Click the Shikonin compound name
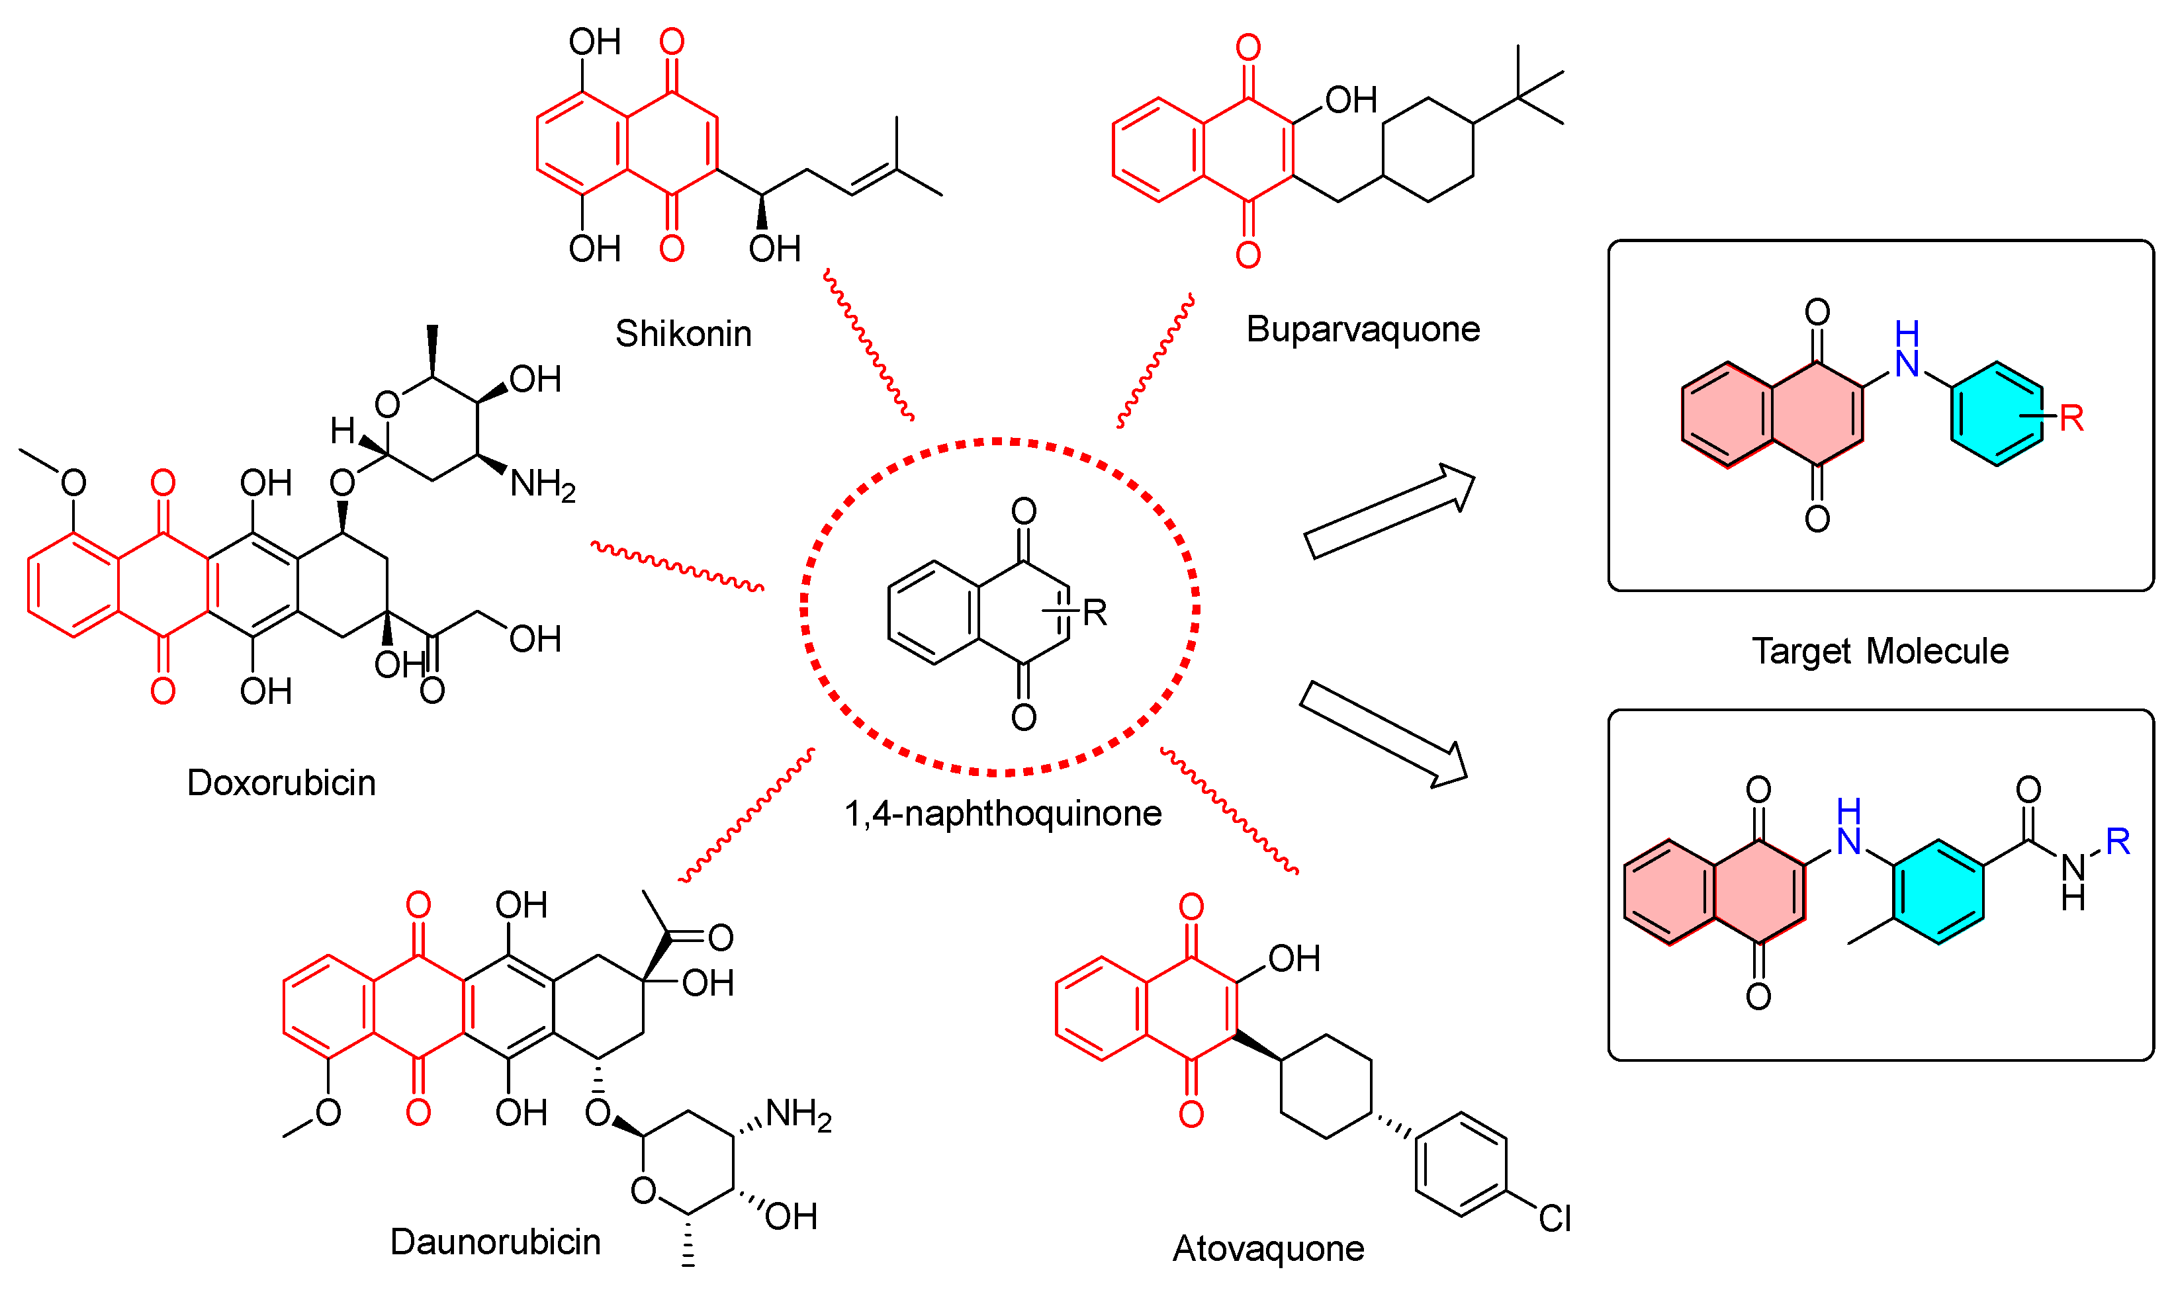coord(684,334)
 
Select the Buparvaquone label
coord(1362,329)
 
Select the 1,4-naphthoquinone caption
coord(1003,814)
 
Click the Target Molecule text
coord(1880,651)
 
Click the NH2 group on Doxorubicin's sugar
coord(541,484)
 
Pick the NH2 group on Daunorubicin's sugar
coord(798,1115)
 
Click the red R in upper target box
coord(2071,419)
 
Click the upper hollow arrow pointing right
coord(1389,511)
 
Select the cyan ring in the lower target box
coord(1938,891)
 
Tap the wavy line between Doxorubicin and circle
coord(677,566)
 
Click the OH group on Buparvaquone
coord(1350,101)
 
